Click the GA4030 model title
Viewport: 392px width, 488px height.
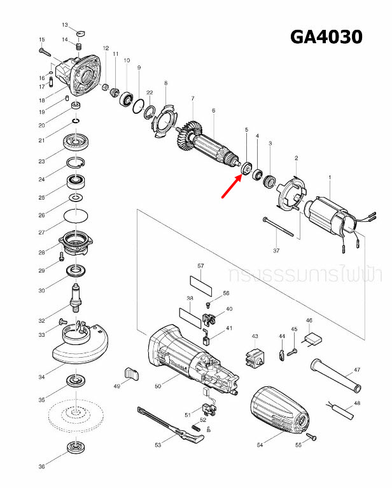click(326, 37)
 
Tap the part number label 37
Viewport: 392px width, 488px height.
click(276, 250)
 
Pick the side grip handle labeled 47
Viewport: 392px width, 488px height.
click(335, 376)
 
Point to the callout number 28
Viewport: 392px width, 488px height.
click(41, 252)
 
